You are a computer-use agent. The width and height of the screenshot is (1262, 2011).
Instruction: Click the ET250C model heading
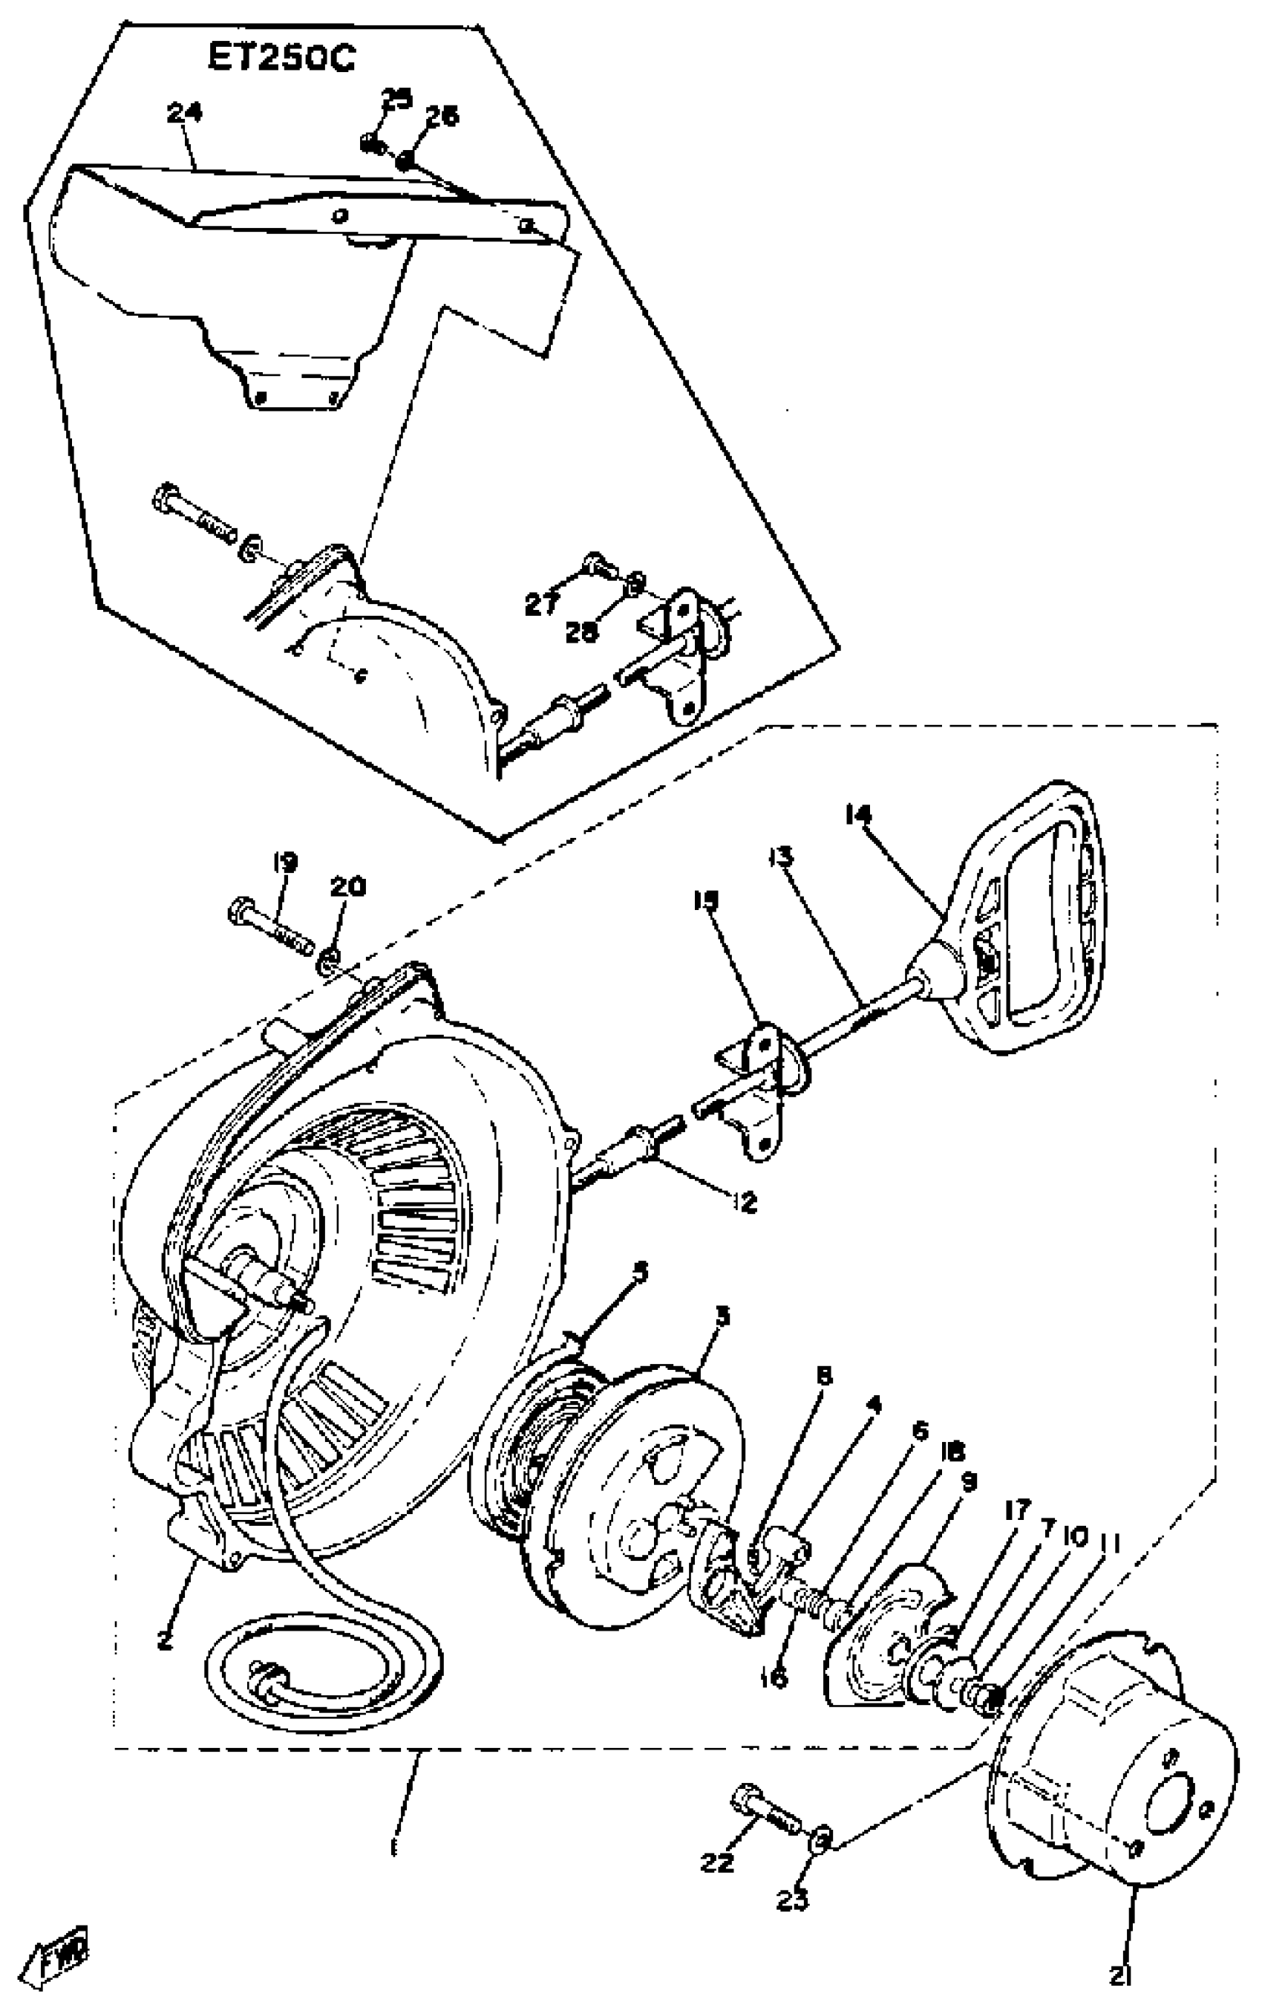tap(281, 59)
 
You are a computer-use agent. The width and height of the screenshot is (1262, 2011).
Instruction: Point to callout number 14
tap(857, 814)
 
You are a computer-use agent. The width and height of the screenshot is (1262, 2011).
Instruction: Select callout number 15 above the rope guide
tap(705, 901)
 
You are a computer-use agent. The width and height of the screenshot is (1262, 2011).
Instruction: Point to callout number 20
tap(347, 886)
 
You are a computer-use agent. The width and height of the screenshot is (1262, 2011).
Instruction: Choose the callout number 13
tap(781, 858)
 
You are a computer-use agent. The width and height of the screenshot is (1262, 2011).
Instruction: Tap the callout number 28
tap(581, 632)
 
